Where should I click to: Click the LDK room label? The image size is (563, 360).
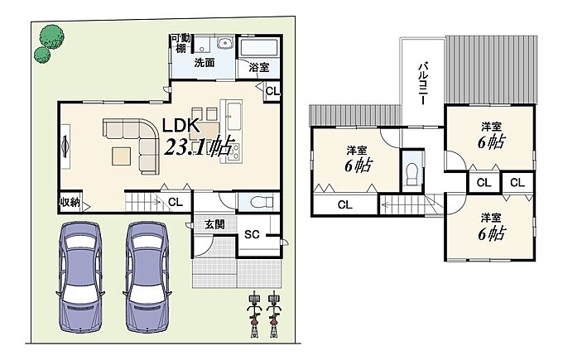click(180, 126)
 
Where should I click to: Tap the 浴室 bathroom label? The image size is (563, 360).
click(259, 67)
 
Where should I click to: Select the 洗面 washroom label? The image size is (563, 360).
click(205, 63)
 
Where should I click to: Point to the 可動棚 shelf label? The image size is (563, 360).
click(181, 43)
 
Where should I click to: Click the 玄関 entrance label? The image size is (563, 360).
click(214, 224)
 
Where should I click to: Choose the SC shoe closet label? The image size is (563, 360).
click(252, 234)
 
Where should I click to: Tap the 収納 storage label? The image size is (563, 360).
click(70, 203)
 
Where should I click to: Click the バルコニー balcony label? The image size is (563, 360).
click(424, 84)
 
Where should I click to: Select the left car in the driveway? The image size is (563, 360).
click(79, 276)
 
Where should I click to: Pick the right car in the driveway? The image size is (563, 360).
click(147, 276)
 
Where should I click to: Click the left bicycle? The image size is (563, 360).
click(254, 314)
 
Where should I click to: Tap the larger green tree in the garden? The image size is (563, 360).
click(52, 36)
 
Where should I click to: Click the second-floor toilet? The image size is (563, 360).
click(411, 174)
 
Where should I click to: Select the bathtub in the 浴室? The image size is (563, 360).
click(258, 48)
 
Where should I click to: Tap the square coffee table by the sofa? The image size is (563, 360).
click(121, 156)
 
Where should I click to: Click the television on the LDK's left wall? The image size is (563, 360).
click(65, 146)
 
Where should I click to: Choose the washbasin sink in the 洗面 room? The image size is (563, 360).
click(225, 43)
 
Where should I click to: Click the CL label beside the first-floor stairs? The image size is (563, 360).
click(176, 203)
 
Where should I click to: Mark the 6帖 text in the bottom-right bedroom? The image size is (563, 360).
click(492, 233)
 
